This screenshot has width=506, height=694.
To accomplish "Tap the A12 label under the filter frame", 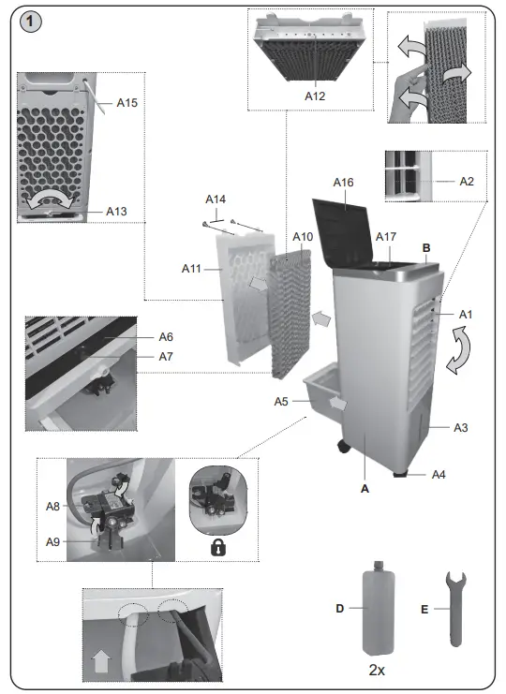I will [317, 95].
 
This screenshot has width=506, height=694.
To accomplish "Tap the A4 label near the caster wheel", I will [439, 475].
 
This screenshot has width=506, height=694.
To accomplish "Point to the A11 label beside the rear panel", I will [192, 270].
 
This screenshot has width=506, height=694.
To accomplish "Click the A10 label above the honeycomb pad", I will [302, 237].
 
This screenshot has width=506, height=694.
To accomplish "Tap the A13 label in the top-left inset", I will [116, 212].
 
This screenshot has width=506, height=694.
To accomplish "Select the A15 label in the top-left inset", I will [126, 103].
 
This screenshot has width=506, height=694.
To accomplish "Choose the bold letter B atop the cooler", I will [425, 247].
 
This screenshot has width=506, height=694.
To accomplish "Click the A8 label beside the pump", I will [53, 506].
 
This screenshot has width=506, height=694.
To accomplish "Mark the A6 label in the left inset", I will [166, 336].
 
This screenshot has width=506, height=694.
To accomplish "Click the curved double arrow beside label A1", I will [460, 356].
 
